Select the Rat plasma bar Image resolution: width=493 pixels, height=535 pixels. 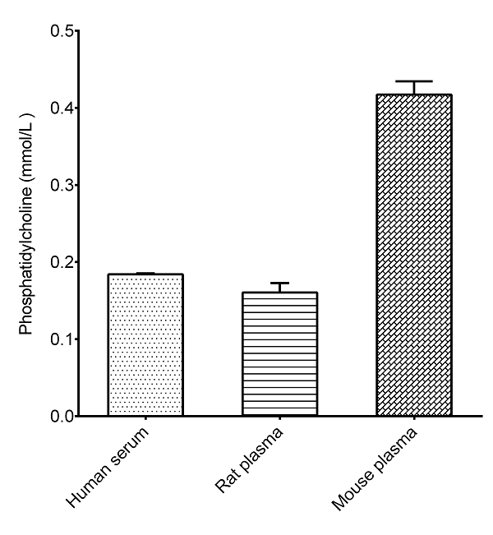click(279, 354)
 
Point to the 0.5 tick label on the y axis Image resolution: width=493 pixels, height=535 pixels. click(61, 31)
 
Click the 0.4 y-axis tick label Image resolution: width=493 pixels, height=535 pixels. click(61, 108)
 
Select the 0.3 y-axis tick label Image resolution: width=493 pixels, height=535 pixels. click(61, 186)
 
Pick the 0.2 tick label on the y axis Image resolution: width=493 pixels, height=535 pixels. click(61, 262)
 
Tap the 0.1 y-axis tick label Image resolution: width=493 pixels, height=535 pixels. click(61, 339)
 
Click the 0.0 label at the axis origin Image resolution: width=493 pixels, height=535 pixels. click(61, 417)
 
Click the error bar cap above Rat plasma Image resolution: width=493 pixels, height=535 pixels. click(279, 283)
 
